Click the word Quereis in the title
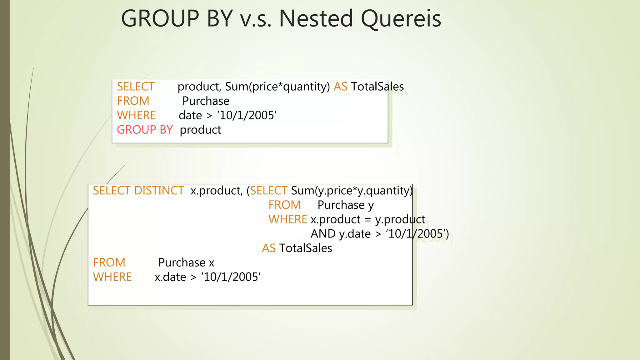401,19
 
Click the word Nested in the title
316,19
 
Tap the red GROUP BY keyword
145,130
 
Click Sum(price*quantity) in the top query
277,87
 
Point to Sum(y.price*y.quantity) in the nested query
352,191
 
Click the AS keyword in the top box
340,87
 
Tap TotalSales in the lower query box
305,248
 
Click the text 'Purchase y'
345,205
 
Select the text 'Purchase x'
186,262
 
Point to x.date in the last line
170,277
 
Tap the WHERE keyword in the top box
136,115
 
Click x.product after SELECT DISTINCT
216,191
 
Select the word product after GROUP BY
200,130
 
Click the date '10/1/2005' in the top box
247,115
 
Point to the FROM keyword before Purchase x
109,262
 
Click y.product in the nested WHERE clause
400,219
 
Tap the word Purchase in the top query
206,101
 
